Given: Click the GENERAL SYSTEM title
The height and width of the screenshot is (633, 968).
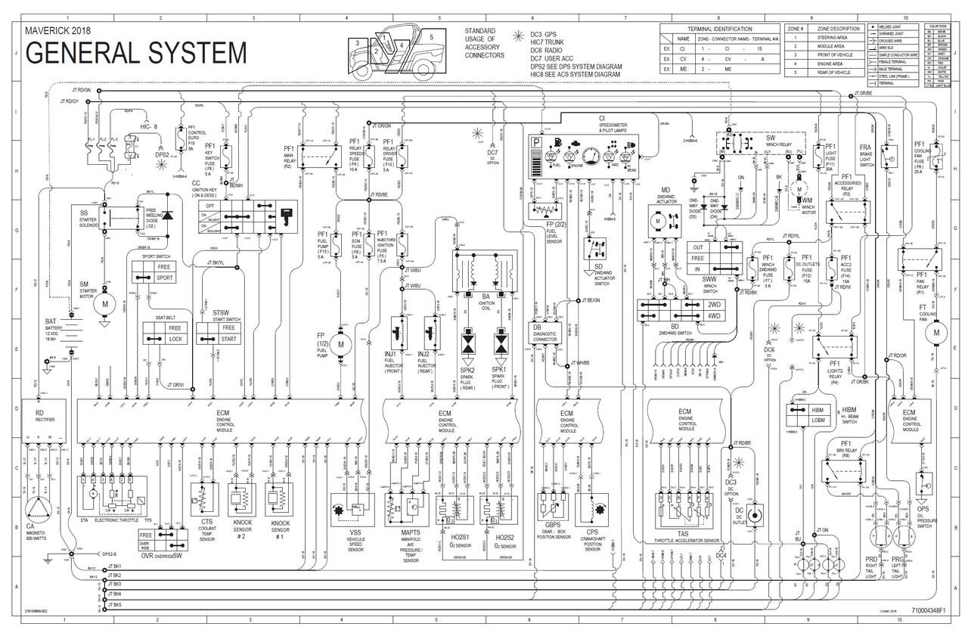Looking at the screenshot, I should coord(136,53).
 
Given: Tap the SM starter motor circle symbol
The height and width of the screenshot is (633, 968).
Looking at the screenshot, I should coord(105,305).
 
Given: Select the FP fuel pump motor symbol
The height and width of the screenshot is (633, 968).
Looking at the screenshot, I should coord(340,345).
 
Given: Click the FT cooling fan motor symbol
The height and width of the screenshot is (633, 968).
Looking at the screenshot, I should coord(935,330).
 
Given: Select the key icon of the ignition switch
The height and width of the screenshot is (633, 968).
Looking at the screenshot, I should coord(287,214).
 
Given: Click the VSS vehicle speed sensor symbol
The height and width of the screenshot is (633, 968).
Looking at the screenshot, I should coord(350,509).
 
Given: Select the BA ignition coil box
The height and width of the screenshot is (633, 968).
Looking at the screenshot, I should coord(481,272).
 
